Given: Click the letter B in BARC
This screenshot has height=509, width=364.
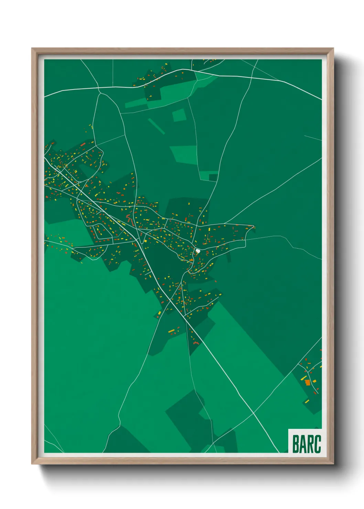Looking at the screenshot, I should [x=295, y=444].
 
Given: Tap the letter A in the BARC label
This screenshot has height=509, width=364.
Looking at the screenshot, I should [x=302, y=444].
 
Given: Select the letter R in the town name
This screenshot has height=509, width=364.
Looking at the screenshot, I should [x=310, y=444].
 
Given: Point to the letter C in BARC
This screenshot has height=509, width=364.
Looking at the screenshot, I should [x=317, y=444].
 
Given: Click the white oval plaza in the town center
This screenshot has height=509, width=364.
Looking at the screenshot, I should [x=198, y=251].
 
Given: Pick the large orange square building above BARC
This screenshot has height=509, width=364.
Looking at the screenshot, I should [x=308, y=382].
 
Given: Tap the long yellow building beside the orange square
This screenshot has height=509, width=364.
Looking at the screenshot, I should [x=303, y=378].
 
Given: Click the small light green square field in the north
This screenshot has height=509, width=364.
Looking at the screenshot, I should [x=179, y=115].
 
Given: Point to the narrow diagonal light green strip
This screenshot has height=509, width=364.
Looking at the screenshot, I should [x=156, y=126].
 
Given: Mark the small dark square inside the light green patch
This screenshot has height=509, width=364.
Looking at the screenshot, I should [x=213, y=177].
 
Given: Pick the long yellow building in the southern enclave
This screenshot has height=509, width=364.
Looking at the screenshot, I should [x=171, y=331].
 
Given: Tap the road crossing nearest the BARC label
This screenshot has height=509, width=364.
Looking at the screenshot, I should [x=254, y=413].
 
